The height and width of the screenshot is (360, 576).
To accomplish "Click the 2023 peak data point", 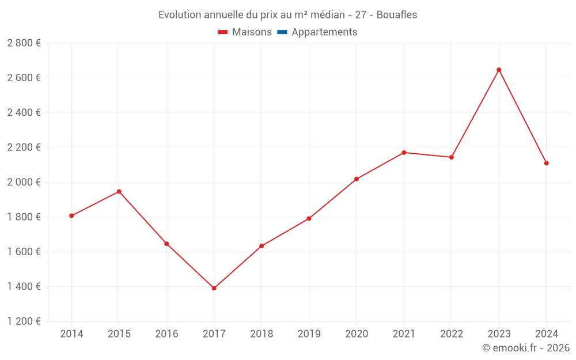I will click(x=499, y=70).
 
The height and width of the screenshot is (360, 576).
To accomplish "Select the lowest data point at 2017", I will click(x=214, y=288).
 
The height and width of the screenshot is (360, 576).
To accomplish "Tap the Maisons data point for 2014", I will click(x=71, y=215).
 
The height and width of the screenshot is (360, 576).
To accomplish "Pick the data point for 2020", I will click(x=357, y=179).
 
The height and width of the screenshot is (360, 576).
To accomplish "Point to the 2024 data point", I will click(x=546, y=163).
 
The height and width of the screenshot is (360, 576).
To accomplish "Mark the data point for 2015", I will click(x=119, y=191).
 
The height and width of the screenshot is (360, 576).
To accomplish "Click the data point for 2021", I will click(x=404, y=153).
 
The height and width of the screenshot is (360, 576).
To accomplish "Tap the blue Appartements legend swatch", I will click(x=282, y=32).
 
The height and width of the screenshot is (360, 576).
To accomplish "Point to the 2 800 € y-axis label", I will click(x=24, y=43).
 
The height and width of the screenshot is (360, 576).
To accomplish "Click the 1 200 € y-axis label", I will click(x=24, y=321).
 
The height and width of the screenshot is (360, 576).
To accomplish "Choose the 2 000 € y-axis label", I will click(x=24, y=182).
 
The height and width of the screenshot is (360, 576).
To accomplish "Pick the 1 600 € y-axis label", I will click(x=24, y=252).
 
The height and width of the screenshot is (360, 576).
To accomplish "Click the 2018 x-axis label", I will click(x=262, y=334).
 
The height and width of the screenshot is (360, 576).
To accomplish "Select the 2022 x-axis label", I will click(x=452, y=334).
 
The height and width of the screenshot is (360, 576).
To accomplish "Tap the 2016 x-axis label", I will click(x=166, y=334).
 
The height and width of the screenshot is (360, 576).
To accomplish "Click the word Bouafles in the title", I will click(x=397, y=15).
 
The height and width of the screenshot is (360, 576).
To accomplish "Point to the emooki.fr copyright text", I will click(x=526, y=348).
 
